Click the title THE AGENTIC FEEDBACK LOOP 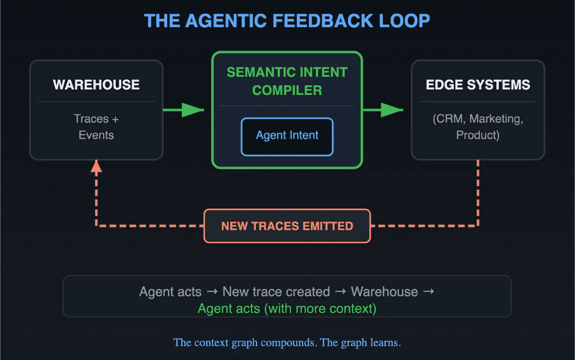point(287,21)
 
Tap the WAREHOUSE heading point(96,84)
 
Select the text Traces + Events point(96,127)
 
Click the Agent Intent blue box point(287,136)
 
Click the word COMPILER point(287,91)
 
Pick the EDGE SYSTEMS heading point(478,84)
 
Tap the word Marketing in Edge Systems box point(496,119)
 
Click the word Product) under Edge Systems point(478,136)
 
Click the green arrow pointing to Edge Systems point(383,109)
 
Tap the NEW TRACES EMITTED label point(287,226)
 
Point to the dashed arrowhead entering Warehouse point(96,166)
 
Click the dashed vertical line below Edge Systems point(478,192)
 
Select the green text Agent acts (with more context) point(287,309)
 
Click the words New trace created point(276,292)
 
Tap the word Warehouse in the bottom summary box point(384,292)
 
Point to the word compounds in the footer point(288,343)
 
